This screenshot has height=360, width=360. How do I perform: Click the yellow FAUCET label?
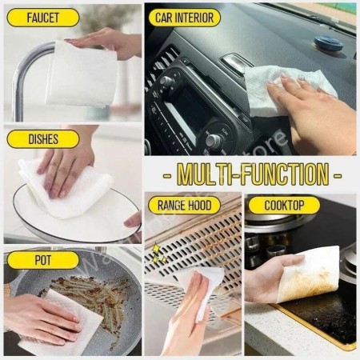click(43, 18)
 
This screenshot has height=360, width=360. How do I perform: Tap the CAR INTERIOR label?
click(185, 18)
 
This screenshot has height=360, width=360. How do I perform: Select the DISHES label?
click(43, 139)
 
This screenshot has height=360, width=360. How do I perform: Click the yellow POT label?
click(43, 260)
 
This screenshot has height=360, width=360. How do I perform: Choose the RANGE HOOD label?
click(185, 205)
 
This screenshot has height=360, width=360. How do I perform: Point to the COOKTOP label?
click(284, 205)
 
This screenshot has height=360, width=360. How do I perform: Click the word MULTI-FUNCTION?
click(253, 174)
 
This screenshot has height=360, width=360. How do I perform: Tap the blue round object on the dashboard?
click(328, 43)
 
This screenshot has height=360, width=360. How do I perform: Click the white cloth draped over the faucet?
click(82, 74)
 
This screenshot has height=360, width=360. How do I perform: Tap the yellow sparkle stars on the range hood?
click(157, 254)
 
